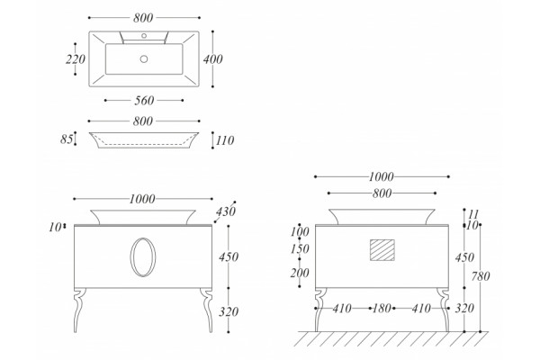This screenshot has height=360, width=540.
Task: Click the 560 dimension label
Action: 144,101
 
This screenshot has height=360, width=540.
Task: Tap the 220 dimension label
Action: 76,59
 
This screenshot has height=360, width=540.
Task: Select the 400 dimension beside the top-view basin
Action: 212,59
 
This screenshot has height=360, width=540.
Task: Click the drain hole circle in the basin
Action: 144,58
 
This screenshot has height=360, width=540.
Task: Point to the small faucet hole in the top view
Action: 144,35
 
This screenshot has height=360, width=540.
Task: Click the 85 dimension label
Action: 67,139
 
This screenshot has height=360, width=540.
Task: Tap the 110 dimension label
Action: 225,140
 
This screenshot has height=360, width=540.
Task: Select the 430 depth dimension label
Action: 226,211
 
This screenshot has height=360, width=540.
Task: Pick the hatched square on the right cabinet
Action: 382,250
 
